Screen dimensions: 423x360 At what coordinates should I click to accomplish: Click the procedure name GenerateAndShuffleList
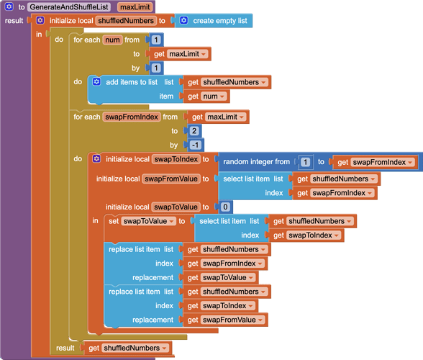(x=69, y=7)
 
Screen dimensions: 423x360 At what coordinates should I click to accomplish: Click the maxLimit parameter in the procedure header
(x=135, y=7)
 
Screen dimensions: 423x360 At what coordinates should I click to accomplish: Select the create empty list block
(x=214, y=21)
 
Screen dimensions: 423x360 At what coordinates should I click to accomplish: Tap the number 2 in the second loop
(x=194, y=131)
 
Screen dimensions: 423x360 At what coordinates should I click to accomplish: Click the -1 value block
(x=196, y=145)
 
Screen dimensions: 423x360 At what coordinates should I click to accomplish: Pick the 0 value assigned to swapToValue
(x=225, y=207)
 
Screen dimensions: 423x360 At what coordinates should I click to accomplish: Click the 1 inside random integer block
(x=305, y=162)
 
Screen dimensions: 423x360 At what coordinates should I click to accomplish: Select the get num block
(x=206, y=96)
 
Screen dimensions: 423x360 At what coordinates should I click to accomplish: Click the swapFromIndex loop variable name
(x=132, y=117)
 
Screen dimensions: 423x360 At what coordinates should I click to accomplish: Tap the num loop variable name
(x=112, y=40)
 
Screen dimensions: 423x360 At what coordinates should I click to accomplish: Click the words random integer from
(x=256, y=162)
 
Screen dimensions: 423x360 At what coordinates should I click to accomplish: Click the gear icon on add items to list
(x=96, y=81)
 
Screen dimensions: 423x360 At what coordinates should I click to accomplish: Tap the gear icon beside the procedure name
(x=9, y=6)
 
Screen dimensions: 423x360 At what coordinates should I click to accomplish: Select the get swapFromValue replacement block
(x=226, y=320)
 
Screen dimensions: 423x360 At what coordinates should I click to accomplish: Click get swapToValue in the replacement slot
(x=221, y=278)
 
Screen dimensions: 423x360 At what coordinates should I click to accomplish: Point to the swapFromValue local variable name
(x=171, y=179)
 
